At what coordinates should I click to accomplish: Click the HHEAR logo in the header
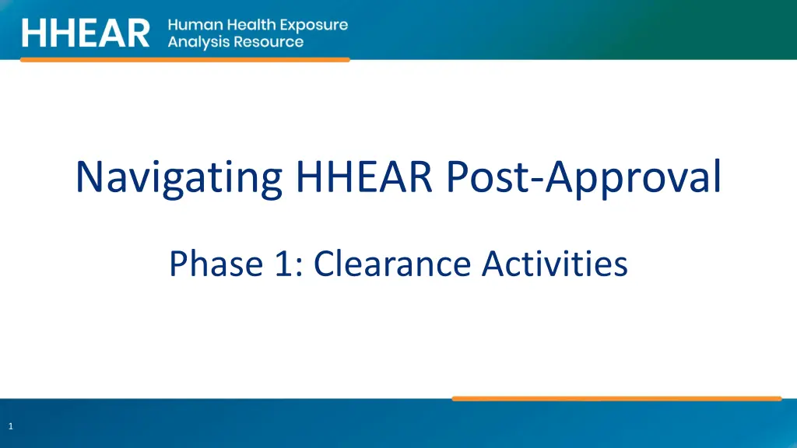(x=86, y=33)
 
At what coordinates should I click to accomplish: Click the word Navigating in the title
(x=179, y=178)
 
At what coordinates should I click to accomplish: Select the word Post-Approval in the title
(x=584, y=179)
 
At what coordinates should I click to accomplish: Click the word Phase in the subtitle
(x=216, y=264)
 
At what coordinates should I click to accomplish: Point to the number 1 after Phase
(x=283, y=264)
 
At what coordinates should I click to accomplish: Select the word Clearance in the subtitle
(x=392, y=264)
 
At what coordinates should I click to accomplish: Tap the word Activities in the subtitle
(x=555, y=264)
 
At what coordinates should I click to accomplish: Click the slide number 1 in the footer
(x=11, y=426)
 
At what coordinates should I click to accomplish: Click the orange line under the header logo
(x=185, y=59)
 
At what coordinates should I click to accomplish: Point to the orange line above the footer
(x=616, y=399)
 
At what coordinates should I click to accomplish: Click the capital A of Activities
(x=494, y=264)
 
